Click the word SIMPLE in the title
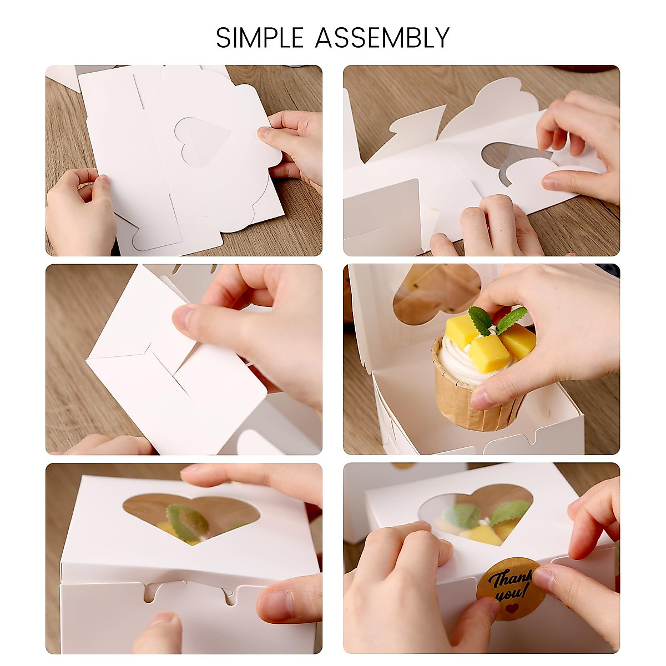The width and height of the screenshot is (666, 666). (x=260, y=38)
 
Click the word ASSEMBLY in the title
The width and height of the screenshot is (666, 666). (x=382, y=38)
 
